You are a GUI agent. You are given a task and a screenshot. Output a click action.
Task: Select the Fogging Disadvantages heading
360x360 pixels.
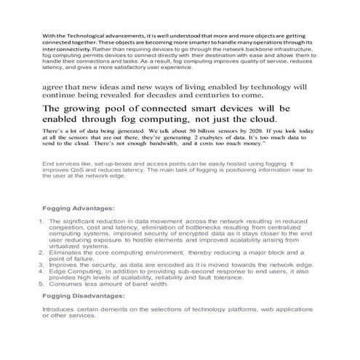[x=84, y=296]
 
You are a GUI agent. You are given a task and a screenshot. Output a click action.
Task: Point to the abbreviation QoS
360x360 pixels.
[x=82, y=170]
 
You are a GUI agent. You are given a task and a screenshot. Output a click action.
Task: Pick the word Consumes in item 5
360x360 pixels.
[x=65, y=284]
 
